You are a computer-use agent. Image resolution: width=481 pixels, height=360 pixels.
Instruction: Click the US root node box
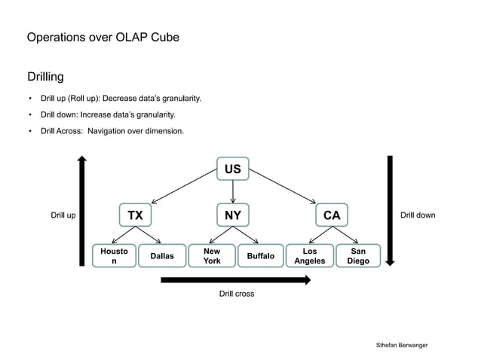233,169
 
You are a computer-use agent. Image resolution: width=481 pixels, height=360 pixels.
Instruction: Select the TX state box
135,215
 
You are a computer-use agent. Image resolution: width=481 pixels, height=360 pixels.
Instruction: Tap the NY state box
233,215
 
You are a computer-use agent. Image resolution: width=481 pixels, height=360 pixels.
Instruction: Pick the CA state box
332,215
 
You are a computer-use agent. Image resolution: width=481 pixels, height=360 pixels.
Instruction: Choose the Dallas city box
161,256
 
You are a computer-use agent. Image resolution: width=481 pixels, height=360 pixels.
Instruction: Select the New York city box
212,256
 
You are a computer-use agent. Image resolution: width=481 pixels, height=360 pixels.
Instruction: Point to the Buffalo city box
260,256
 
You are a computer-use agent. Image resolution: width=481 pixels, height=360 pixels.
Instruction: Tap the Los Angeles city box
309,256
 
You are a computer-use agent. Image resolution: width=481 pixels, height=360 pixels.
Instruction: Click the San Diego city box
358,256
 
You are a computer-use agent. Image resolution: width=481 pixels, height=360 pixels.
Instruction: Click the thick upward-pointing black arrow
82,211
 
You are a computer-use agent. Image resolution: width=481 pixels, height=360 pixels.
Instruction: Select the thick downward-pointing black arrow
390,211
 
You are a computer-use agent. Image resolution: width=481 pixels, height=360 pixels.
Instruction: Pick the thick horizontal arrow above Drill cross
236,280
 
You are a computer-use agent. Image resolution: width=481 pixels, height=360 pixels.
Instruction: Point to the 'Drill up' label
63,216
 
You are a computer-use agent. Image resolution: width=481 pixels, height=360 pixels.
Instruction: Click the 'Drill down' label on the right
417,216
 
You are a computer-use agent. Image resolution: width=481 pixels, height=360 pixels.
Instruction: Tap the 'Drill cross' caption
236,294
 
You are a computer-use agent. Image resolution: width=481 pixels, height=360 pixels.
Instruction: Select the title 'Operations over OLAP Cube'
103,37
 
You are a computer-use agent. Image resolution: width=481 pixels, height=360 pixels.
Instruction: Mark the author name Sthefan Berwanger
402,344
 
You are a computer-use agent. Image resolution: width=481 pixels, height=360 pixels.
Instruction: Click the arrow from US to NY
233,191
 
